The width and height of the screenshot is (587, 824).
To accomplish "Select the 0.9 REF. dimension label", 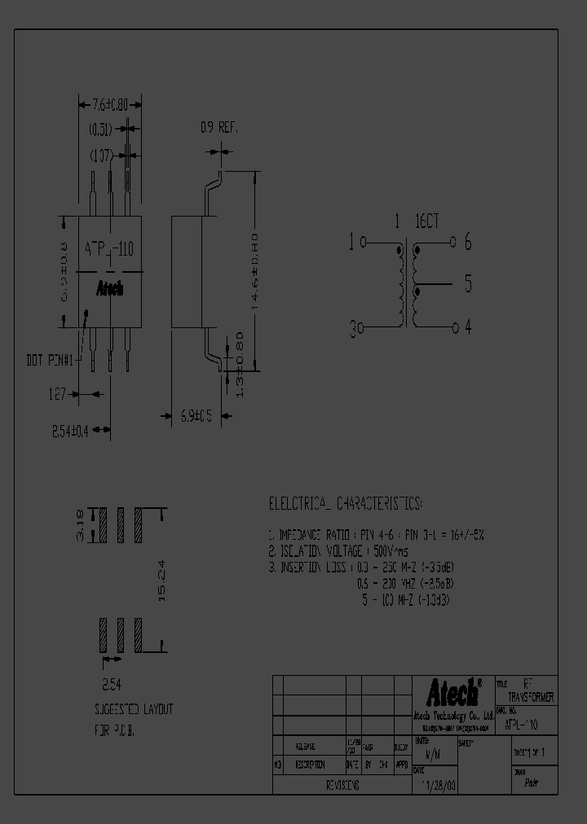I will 218,128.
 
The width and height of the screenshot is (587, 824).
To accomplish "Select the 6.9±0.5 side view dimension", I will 196,416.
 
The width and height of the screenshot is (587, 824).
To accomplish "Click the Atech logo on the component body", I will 110,289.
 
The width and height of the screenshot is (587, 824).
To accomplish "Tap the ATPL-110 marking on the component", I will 110,251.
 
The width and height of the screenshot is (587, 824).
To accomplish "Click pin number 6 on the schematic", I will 468,242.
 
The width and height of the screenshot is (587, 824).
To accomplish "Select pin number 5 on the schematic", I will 468,284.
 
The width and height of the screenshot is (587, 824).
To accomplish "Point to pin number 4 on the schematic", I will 468,327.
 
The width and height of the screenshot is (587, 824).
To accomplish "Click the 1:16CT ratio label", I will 417,221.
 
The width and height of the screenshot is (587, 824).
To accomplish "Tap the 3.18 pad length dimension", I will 80,525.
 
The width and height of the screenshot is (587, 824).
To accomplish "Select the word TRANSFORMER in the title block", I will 530,699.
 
